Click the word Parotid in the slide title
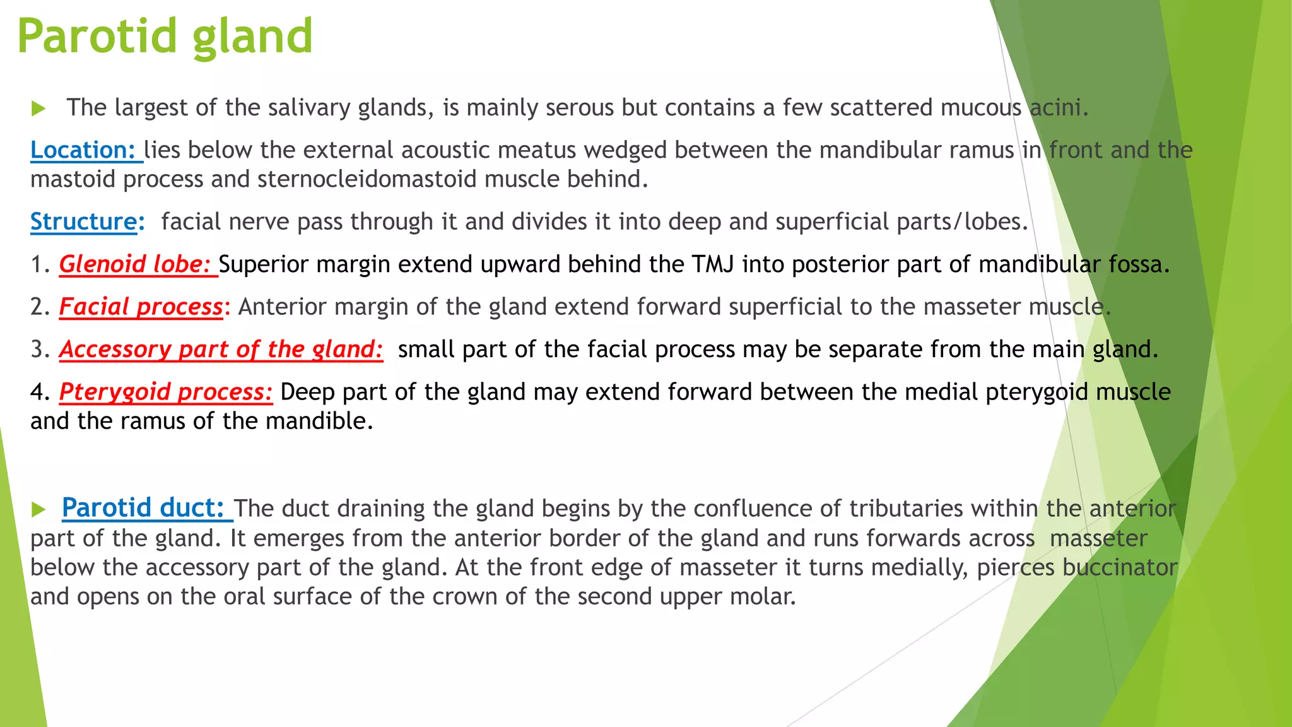coord(97,37)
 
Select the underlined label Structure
coord(83,222)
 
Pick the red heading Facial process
coord(141,307)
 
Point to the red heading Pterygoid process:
coord(165,392)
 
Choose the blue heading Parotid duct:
coord(143,508)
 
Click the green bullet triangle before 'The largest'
coord(38,109)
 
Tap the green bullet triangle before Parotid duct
coord(38,509)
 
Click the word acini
coord(1058,108)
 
